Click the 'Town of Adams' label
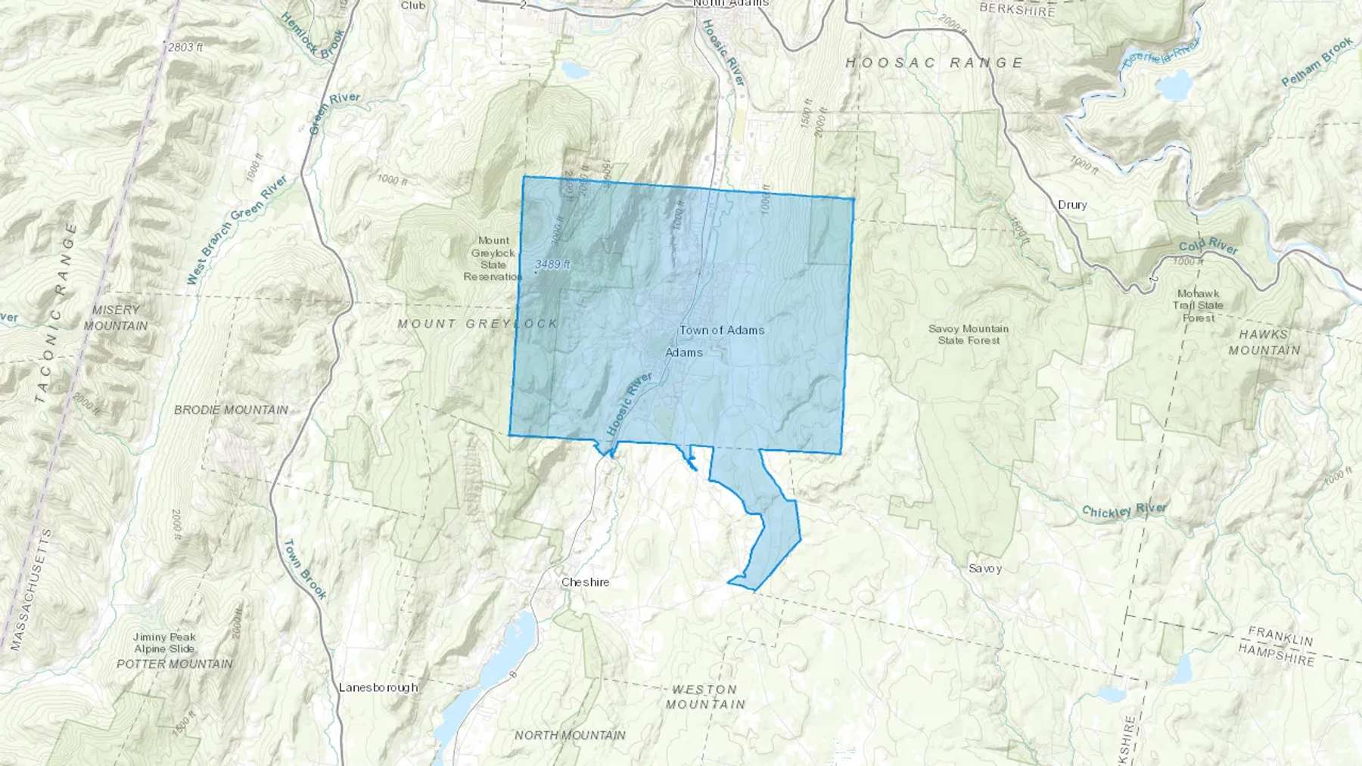tap(721, 330)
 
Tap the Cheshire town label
tap(585, 583)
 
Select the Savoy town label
tap(984, 569)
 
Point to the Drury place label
tap(1072, 205)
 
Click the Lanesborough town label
tap(378, 687)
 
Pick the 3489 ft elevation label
tap(552, 265)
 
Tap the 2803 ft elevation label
tap(185, 47)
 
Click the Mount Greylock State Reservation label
tap(493, 259)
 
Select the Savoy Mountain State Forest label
tap(969, 334)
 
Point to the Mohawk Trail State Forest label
tap(1198, 305)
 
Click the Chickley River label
tap(1124, 510)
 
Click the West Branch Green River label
tap(237, 230)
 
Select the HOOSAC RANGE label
tap(934, 63)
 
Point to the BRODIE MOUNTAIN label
tap(231, 410)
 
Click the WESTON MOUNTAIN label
tap(704, 696)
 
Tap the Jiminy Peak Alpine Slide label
tap(164, 643)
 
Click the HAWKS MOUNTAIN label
tap(1264, 342)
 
